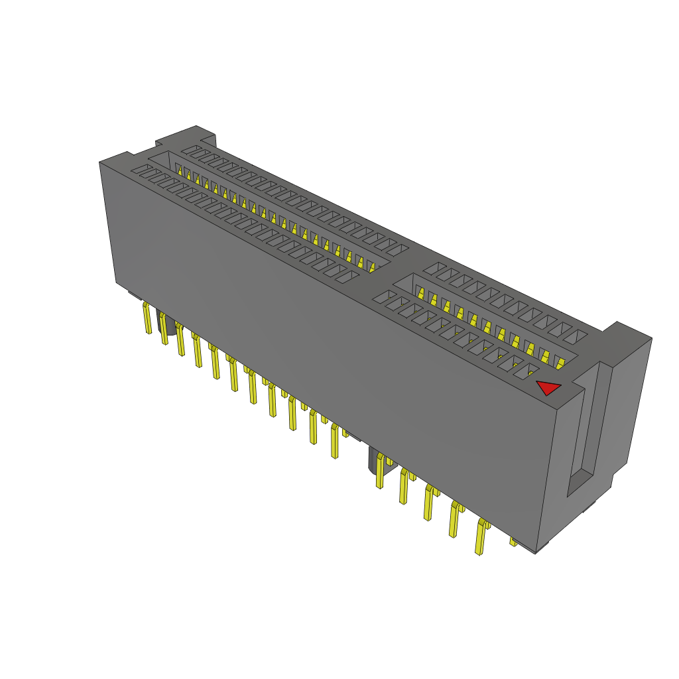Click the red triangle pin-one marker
(x=548, y=387)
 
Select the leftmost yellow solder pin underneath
(x=147, y=318)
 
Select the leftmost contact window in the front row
(x=141, y=171)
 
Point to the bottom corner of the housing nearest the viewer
(x=536, y=552)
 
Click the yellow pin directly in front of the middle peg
(x=380, y=474)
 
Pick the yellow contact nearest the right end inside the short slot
(x=559, y=363)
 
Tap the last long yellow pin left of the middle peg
(x=335, y=442)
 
